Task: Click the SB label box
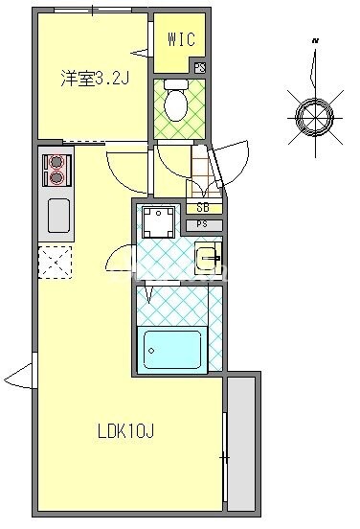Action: pos(203,208)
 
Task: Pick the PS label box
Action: pos(203,224)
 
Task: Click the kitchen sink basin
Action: pos(58,217)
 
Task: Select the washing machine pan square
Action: pos(157,222)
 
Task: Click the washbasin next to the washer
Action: pos(208,258)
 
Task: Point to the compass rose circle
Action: pos(312,116)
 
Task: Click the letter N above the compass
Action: pos(315,42)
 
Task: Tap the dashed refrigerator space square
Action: pos(56,261)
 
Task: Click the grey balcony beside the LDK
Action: pos(241,442)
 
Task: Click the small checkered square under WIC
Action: pos(199,68)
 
